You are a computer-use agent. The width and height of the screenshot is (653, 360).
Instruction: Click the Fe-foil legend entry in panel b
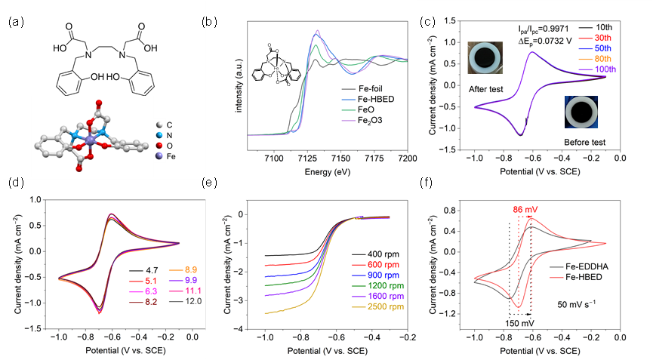coord(362,88)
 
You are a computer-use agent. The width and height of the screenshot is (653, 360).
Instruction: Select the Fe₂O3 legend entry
coord(362,120)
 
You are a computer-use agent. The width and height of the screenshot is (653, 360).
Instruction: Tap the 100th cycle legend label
coord(597,69)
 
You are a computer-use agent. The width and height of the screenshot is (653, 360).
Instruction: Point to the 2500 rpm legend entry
coord(377,306)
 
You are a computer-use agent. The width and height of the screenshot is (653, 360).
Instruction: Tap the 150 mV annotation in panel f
coord(519,323)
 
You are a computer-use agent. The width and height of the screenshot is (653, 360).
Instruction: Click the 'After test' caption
coord(485,89)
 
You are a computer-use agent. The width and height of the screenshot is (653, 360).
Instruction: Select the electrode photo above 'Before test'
coord(581,112)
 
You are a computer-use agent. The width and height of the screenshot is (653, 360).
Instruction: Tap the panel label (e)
coord(209,183)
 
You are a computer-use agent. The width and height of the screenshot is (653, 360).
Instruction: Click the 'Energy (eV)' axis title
coord(328,171)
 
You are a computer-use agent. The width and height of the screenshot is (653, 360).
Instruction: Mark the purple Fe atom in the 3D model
coord(91,141)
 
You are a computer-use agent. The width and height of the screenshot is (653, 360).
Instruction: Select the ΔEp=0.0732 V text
coord(545,41)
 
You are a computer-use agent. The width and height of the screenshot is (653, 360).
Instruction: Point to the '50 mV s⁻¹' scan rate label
coord(576,304)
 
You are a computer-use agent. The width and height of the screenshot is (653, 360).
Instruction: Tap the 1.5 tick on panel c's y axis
coord(449,21)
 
